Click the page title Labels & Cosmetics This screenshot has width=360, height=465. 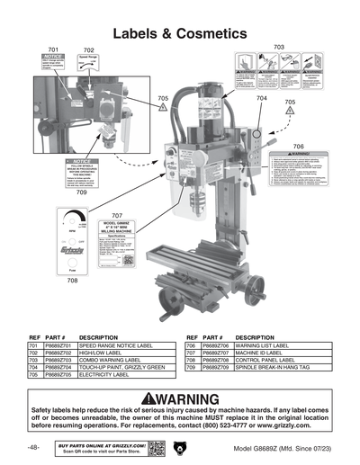(179, 34)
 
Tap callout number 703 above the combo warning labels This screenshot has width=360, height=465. (278, 47)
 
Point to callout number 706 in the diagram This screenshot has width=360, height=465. (298, 146)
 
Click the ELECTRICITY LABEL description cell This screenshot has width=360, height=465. (103, 376)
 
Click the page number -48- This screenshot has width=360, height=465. (33, 448)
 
